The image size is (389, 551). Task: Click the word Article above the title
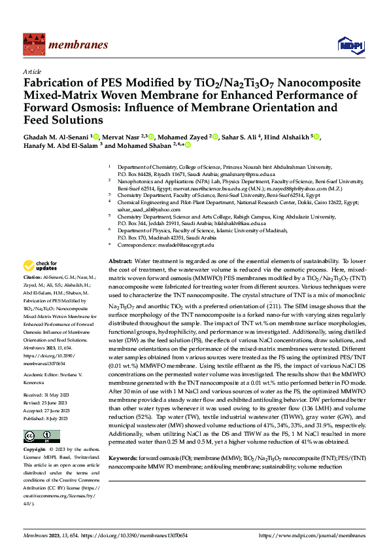(x=32, y=71)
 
